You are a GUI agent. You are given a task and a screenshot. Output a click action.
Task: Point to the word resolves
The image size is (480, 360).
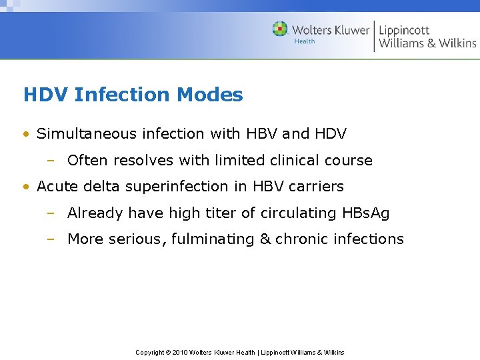[x=137, y=161]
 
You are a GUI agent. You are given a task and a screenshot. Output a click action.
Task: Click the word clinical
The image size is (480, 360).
[x=299, y=161]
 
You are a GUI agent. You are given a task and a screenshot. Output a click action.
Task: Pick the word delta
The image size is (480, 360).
[x=103, y=187]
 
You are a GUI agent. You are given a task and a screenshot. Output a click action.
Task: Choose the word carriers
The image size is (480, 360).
[x=318, y=187]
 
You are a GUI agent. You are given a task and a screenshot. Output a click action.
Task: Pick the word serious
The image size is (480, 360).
[x=141, y=239]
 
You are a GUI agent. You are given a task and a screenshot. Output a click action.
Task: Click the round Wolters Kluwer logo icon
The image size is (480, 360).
[x=280, y=29]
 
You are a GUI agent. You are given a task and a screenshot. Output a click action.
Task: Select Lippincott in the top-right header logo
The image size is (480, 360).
[x=404, y=30]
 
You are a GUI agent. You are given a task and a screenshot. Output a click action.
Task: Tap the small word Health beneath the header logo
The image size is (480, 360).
[x=305, y=41]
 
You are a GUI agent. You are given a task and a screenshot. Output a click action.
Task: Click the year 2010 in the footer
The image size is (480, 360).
[x=180, y=353]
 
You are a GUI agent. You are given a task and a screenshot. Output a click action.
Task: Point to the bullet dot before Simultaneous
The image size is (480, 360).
[x=26, y=135]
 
